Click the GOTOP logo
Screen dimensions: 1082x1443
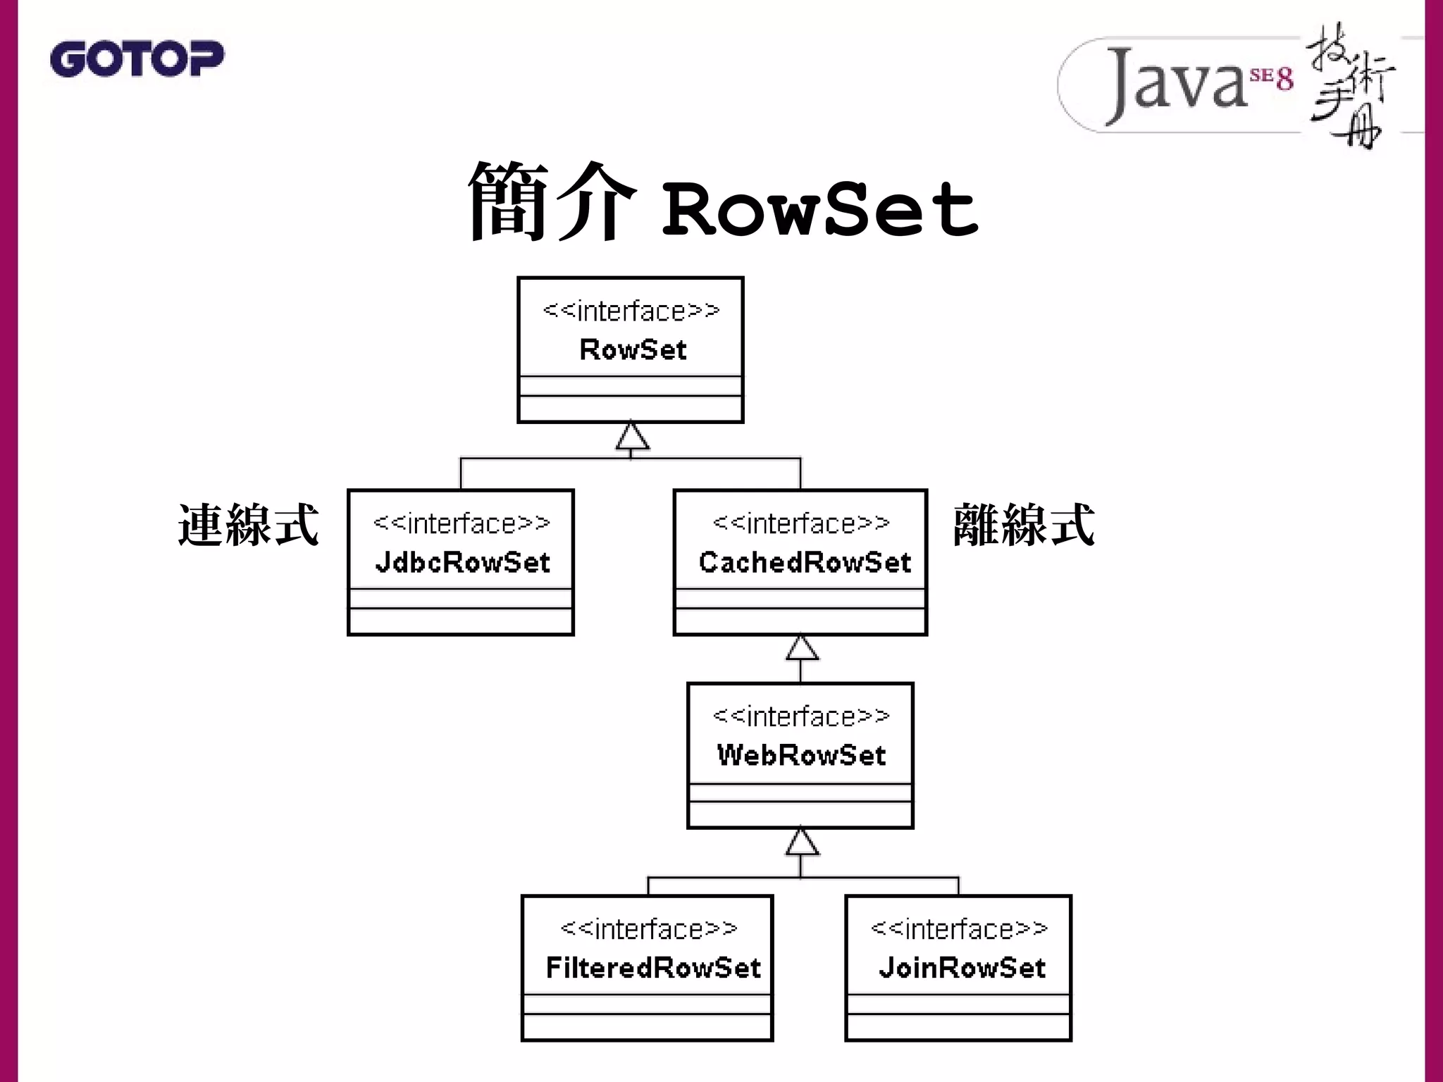point(137,58)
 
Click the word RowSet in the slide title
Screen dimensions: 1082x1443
point(819,209)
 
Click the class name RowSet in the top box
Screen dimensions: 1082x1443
point(632,350)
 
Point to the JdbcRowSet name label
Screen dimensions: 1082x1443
point(462,562)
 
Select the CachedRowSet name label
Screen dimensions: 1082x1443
point(805,562)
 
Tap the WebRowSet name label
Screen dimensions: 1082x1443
point(801,755)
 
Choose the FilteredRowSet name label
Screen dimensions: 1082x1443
point(653,968)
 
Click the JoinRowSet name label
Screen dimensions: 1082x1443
point(962,968)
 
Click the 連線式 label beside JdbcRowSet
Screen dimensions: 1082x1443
point(248,526)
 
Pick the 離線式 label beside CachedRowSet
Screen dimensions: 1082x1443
point(1023,526)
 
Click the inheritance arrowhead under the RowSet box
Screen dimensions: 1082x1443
point(632,437)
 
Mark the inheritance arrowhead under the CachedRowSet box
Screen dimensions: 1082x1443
point(802,649)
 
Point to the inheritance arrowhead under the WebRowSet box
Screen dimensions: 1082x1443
point(802,842)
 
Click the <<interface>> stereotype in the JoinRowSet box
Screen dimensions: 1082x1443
point(959,929)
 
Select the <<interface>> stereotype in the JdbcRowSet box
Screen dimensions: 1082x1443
point(462,523)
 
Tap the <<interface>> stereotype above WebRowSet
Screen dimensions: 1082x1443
point(801,716)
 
